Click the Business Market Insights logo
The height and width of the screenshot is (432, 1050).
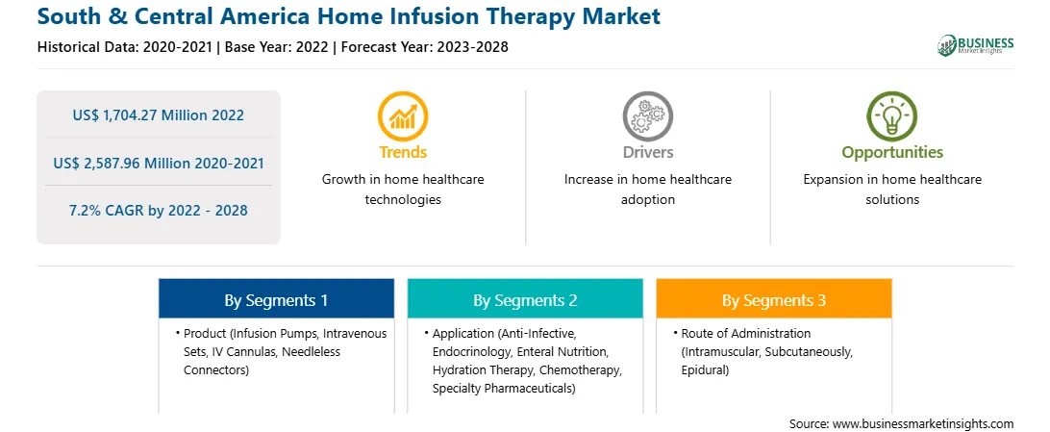click(x=975, y=45)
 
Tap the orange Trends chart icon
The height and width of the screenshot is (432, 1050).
click(x=403, y=115)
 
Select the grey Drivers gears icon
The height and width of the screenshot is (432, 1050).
click(x=647, y=115)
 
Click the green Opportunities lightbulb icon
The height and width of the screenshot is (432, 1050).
click(x=892, y=115)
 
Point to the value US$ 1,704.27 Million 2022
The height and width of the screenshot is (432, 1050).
click(x=158, y=115)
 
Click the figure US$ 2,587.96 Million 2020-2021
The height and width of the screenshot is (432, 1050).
click(x=158, y=163)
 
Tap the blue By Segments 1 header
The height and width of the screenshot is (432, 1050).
click(x=277, y=300)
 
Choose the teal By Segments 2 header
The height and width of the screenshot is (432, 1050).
click(x=525, y=300)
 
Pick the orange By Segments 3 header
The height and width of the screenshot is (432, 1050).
click(x=774, y=300)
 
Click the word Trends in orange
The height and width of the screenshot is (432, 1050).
click(x=403, y=153)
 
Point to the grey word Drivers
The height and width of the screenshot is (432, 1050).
click(x=648, y=153)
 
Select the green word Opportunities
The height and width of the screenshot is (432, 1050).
click(x=892, y=153)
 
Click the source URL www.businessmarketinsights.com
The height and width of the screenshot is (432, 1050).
click(x=922, y=423)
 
